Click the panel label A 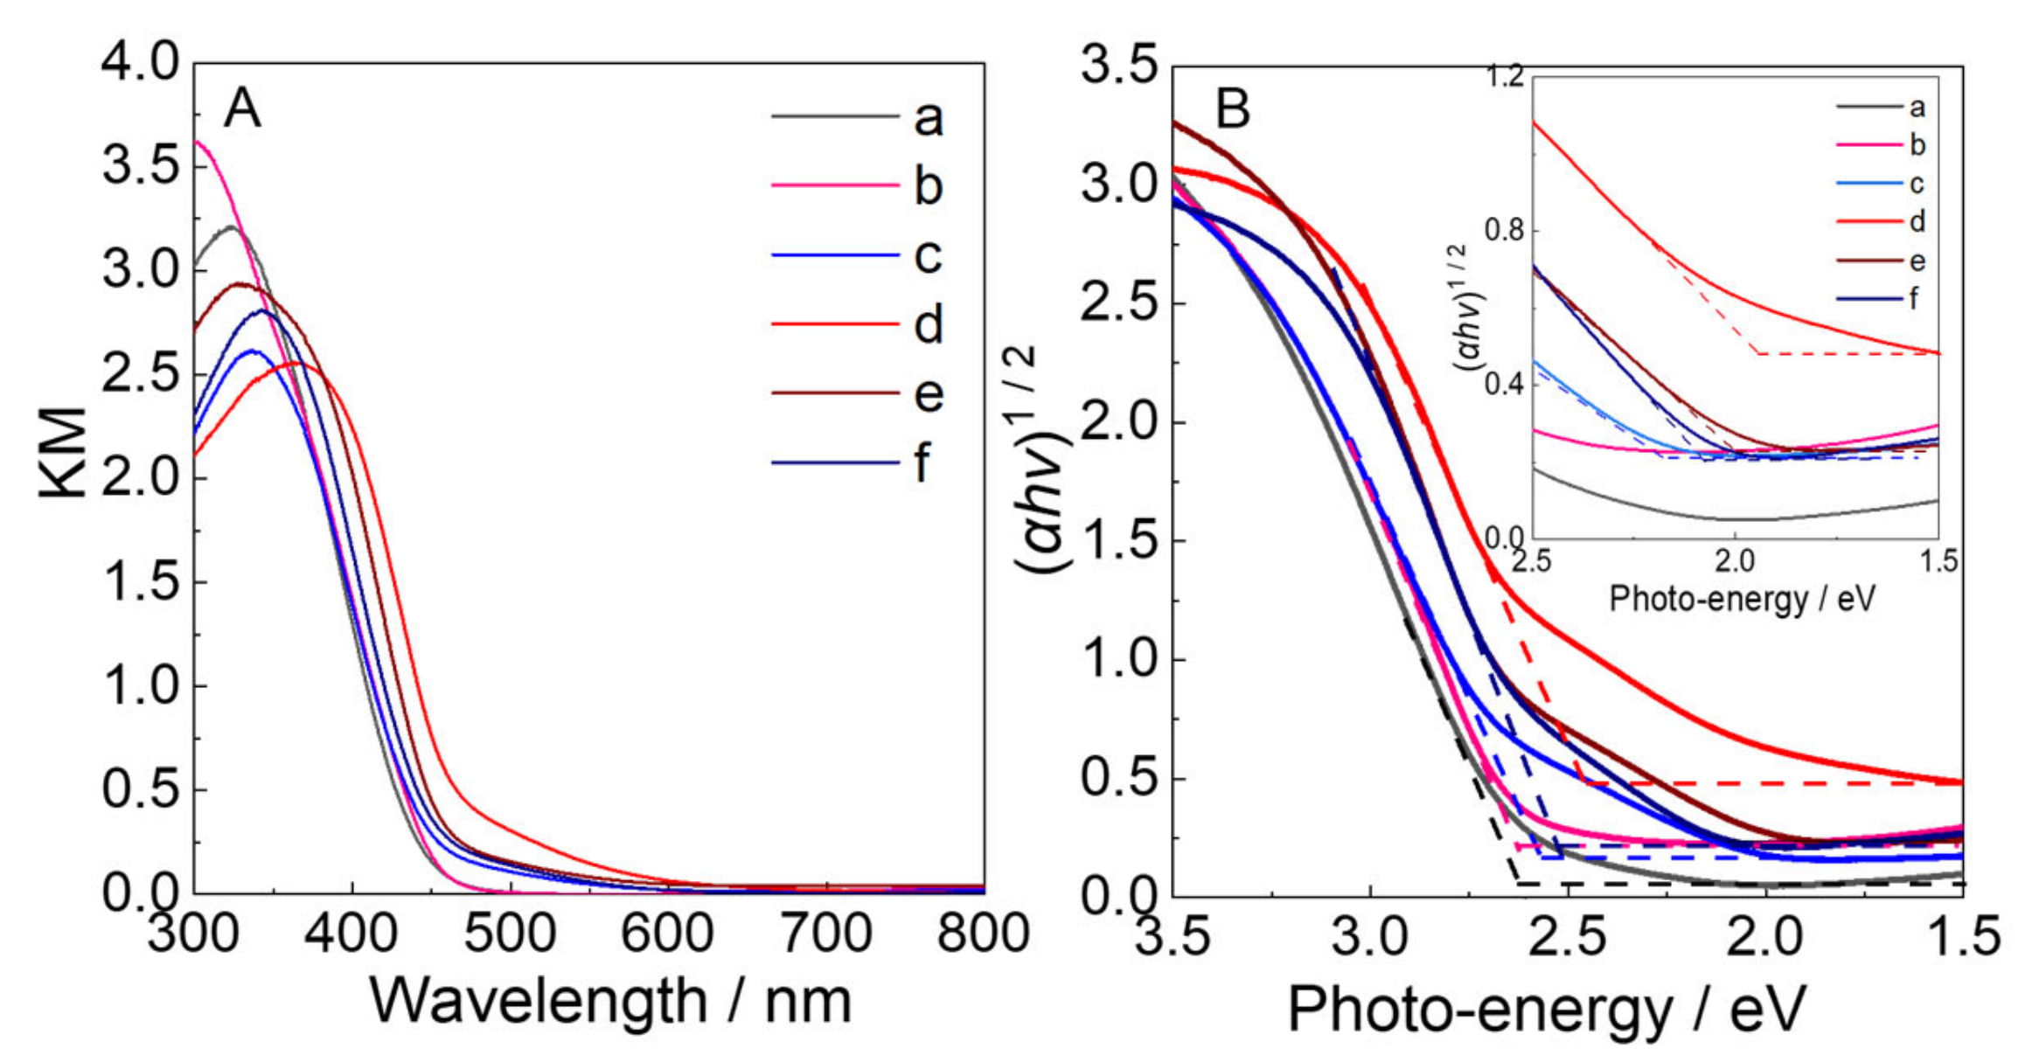242,110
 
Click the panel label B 1233,110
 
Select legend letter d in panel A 929,325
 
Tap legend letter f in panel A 922,463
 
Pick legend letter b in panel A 929,186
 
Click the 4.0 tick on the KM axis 140,63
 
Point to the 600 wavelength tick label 667,933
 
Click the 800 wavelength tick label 983,933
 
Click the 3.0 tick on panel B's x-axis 1370,935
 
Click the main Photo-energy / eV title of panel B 1546,1009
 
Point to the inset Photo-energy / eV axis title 1742,600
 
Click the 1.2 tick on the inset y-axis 1504,77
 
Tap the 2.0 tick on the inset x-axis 1735,560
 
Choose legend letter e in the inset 1917,261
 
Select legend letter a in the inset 1917,108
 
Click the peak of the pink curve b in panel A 198,141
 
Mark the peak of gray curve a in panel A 231,226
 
